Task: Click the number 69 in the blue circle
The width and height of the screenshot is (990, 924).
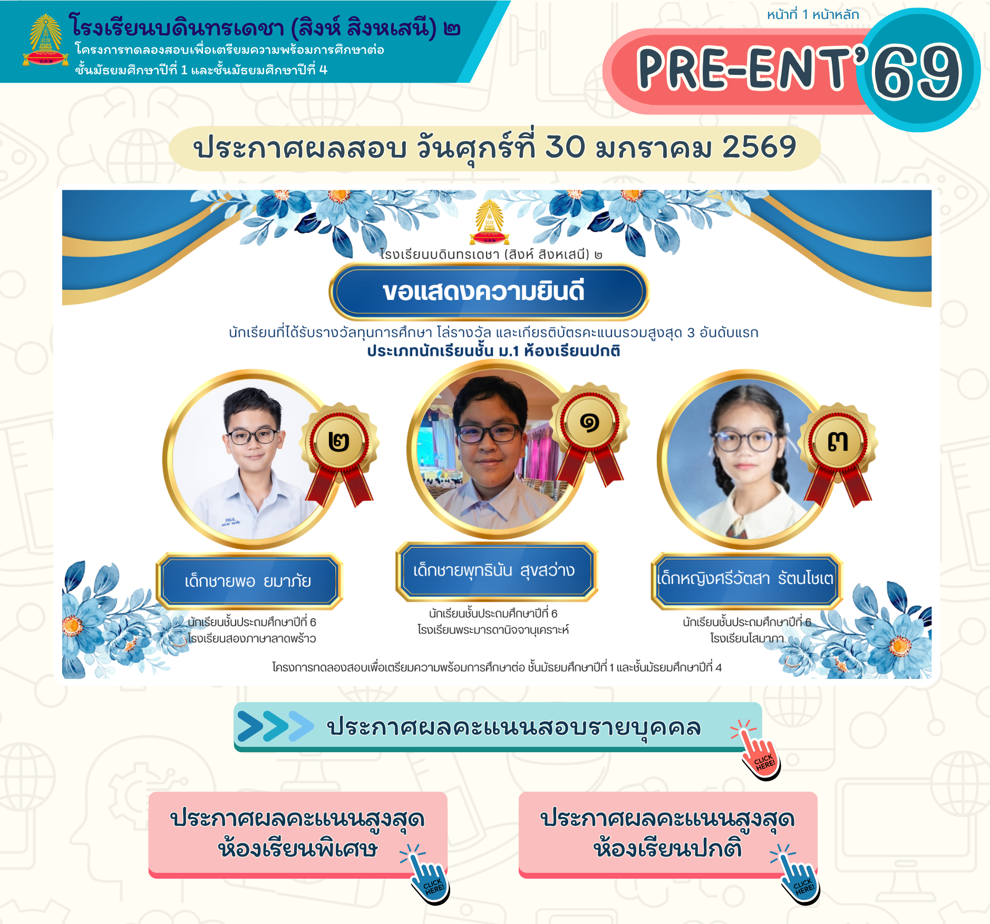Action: click(917, 71)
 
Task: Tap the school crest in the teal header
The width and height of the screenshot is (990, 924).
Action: click(45, 41)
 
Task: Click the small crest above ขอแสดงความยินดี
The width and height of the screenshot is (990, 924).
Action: click(490, 222)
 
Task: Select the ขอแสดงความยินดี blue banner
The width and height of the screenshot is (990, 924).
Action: click(489, 291)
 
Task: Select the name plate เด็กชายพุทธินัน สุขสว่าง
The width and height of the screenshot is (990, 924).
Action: click(496, 571)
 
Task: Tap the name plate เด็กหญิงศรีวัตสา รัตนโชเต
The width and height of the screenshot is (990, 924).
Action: click(746, 579)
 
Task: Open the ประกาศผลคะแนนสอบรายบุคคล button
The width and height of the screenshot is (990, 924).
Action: click(498, 727)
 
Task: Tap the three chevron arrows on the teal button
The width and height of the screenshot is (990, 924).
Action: click(276, 726)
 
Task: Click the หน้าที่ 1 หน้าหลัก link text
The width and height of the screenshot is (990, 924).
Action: click(813, 14)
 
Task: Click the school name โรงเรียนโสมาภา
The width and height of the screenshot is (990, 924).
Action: click(747, 638)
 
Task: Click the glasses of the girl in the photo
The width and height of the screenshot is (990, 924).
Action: click(745, 441)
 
